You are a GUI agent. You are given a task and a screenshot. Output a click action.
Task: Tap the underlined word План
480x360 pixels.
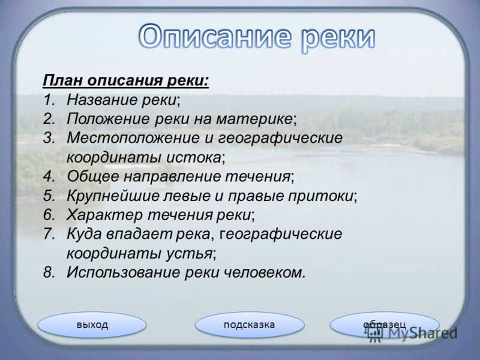[63, 80]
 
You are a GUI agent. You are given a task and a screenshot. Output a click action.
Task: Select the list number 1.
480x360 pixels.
[49, 100]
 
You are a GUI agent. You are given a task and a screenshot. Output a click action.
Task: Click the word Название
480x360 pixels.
[103, 100]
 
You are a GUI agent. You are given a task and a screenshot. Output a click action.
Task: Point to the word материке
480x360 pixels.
[254, 119]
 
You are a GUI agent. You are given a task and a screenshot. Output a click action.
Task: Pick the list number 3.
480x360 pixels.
[49, 138]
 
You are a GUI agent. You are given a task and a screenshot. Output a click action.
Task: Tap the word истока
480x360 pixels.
[193, 157]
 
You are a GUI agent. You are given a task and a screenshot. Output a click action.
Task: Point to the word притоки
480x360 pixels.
[320, 196]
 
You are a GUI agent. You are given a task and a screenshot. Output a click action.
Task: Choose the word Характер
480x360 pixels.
[104, 215]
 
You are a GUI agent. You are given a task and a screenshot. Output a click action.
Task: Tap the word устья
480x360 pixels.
[189, 253]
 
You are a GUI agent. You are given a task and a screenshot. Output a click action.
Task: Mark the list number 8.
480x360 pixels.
[49, 272]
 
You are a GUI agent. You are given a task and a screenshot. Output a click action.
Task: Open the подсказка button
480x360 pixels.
[250, 325]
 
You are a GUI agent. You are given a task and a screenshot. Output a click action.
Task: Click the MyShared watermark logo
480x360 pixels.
[412, 333]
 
